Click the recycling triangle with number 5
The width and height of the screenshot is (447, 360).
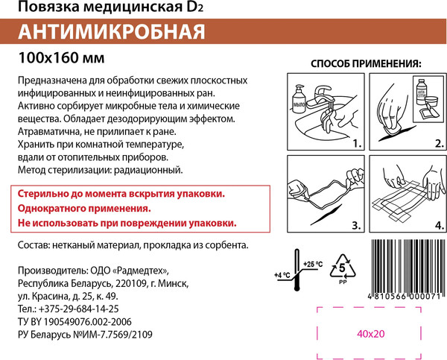[342, 266]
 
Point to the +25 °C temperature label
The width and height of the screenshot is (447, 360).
[314, 264]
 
